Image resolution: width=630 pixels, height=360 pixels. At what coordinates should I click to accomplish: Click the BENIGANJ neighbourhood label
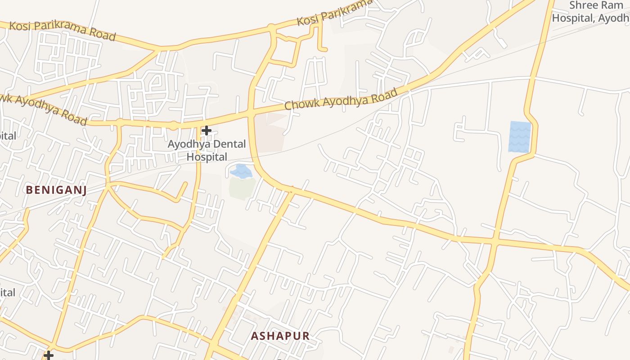pyautogui.click(x=56, y=190)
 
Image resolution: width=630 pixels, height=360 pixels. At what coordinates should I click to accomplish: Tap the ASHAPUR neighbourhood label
pyautogui.click(x=280, y=336)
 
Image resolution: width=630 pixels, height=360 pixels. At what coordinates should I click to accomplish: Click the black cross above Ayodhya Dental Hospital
pyautogui.click(x=207, y=130)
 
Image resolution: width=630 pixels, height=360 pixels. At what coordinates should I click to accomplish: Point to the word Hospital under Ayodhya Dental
pyautogui.click(x=207, y=157)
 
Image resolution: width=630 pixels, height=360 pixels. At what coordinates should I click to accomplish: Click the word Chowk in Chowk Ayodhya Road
pyautogui.click(x=301, y=103)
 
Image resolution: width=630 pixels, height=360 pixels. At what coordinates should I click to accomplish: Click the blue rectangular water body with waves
pyautogui.click(x=520, y=136)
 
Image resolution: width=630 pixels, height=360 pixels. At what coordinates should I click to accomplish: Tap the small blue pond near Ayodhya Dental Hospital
pyautogui.click(x=241, y=171)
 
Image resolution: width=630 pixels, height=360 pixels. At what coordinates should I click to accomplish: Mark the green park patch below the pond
pyautogui.click(x=242, y=188)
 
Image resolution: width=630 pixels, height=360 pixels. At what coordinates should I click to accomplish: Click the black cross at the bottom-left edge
pyautogui.click(x=49, y=355)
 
